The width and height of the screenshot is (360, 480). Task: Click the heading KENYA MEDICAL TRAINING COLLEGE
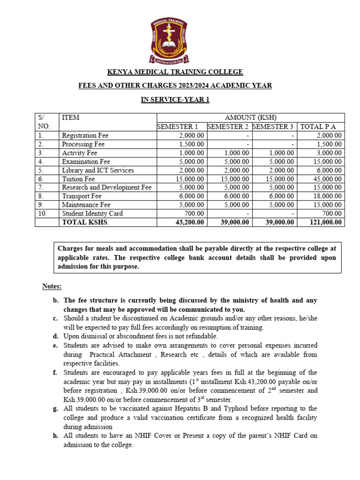click(x=175, y=72)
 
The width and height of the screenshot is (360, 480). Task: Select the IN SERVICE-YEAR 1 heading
click(x=175, y=100)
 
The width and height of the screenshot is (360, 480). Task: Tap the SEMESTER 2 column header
click(x=228, y=127)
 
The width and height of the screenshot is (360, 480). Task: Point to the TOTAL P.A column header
click(x=321, y=127)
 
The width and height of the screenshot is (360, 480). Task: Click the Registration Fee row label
click(x=85, y=135)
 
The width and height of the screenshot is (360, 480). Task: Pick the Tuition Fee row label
click(x=78, y=179)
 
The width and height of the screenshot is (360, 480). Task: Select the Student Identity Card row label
click(x=92, y=214)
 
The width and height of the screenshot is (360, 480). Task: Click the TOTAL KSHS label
click(x=85, y=223)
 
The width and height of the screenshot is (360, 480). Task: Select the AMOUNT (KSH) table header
click(x=250, y=118)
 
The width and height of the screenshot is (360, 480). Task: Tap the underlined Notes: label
click(x=52, y=286)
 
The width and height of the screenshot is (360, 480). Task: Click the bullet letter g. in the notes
click(x=55, y=409)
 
